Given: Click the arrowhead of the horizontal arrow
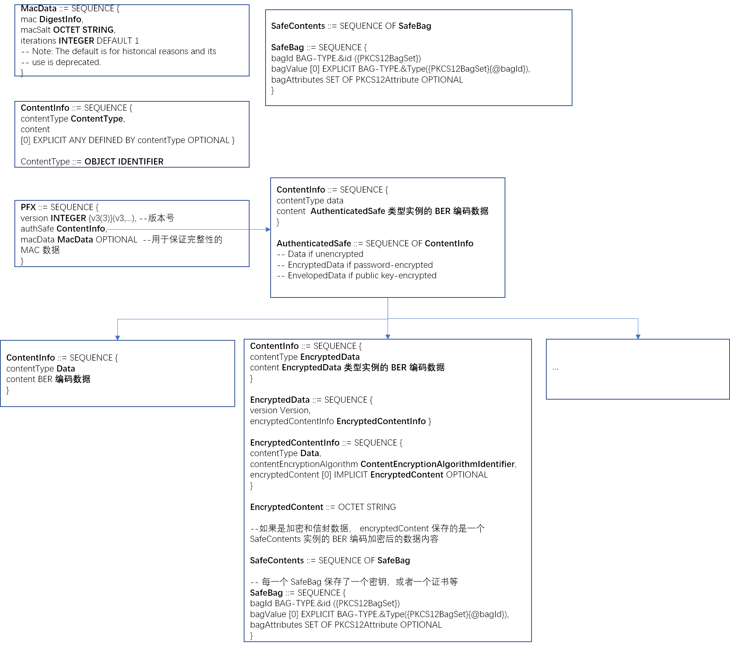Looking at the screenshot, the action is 268,229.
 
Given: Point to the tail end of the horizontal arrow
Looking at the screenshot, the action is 107,229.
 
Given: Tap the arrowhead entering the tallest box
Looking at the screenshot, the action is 388,337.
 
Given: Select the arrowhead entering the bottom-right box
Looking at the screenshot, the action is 638,337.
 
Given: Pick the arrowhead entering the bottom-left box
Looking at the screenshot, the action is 117,338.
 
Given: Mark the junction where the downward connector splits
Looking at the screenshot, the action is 388,319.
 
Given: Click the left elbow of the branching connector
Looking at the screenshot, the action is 117,320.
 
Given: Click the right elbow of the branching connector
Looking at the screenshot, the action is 638,319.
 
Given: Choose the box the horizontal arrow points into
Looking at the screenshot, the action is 388,257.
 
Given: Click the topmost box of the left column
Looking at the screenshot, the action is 132,40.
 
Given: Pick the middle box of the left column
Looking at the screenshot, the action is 132,134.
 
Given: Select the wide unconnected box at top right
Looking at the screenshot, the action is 419,58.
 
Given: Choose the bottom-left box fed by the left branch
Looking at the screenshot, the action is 117,373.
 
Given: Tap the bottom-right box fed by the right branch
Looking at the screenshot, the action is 638,369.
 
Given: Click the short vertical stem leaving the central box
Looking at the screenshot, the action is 388,308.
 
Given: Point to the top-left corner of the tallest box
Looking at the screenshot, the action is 244,339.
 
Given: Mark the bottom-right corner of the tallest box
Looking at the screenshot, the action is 532,641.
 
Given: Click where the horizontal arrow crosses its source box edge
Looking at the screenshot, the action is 249,229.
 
